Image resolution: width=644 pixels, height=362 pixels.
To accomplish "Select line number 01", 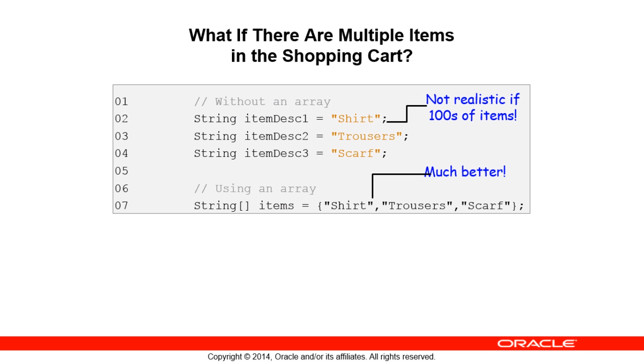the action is [x=121, y=101].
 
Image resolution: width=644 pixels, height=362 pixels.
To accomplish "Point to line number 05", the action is [x=121, y=171].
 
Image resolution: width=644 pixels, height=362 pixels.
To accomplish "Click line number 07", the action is [x=121, y=206].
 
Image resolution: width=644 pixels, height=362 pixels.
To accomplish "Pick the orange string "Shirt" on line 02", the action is [x=355, y=118].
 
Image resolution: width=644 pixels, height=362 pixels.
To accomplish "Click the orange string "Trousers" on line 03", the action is [x=367, y=136].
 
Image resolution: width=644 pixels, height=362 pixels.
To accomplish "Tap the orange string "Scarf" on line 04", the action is [x=355, y=153].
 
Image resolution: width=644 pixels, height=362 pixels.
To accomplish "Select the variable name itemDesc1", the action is [x=276, y=118].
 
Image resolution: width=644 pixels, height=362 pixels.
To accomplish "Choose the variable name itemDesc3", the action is [x=276, y=153].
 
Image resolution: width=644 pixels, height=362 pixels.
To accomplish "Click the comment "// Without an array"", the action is [x=262, y=101].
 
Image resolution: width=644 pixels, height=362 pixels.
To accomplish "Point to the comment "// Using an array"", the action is [x=255, y=189].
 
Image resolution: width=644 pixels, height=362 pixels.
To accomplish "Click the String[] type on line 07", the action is [x=222, y=206].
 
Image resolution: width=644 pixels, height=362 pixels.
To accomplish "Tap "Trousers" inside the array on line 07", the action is [x=417, y=206].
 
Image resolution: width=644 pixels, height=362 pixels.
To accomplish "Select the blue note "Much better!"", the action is [x=465, y=172].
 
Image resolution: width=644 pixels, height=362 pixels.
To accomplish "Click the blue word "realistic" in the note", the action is [x=482, y=99].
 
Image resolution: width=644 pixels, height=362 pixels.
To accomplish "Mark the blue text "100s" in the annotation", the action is [x=444, y=115].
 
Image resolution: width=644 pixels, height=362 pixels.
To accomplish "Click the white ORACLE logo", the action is [x=537, y=344].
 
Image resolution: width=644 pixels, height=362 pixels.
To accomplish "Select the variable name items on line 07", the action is [x=276, y=206].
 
